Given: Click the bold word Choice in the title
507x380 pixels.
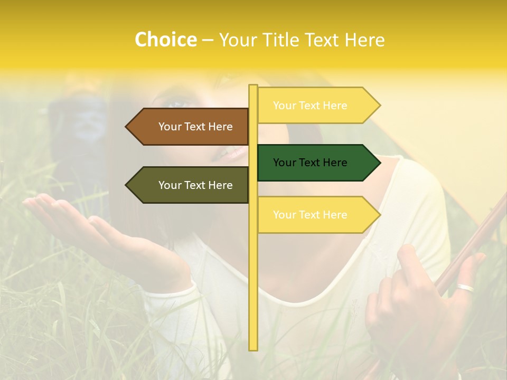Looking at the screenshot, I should tap(165, 40).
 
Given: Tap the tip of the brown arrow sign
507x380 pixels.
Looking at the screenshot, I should tap(127, 127).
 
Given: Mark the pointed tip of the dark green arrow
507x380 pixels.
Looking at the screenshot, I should tap(379, 163).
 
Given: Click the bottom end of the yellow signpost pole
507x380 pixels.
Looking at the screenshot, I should tap(253, 348).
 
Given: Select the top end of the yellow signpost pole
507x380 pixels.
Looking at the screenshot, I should tap(253, 87).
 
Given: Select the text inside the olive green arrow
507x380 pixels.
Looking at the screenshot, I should tap(195, 185).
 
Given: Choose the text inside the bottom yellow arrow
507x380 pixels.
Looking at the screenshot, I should tap(310, 215).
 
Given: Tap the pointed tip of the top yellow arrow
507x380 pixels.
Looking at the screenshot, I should tap(379, 106).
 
